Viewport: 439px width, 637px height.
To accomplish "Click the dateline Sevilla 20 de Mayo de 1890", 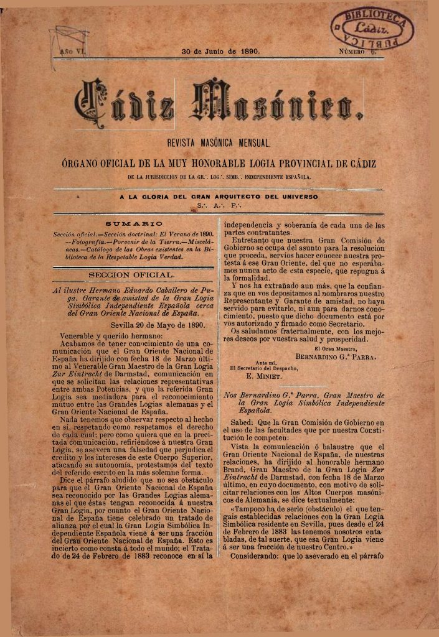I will click(158, 324).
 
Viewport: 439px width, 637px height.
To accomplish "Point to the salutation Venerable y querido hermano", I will click(105, 334).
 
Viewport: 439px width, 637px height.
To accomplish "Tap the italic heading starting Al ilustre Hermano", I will click(133, 302).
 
